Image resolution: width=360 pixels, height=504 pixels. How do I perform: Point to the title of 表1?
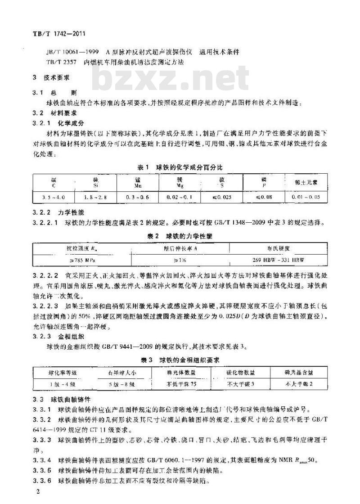180,167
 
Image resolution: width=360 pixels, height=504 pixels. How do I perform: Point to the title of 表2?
180,236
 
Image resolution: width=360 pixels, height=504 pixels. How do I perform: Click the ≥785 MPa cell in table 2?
81,261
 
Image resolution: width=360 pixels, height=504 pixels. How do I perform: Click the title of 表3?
180,360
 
